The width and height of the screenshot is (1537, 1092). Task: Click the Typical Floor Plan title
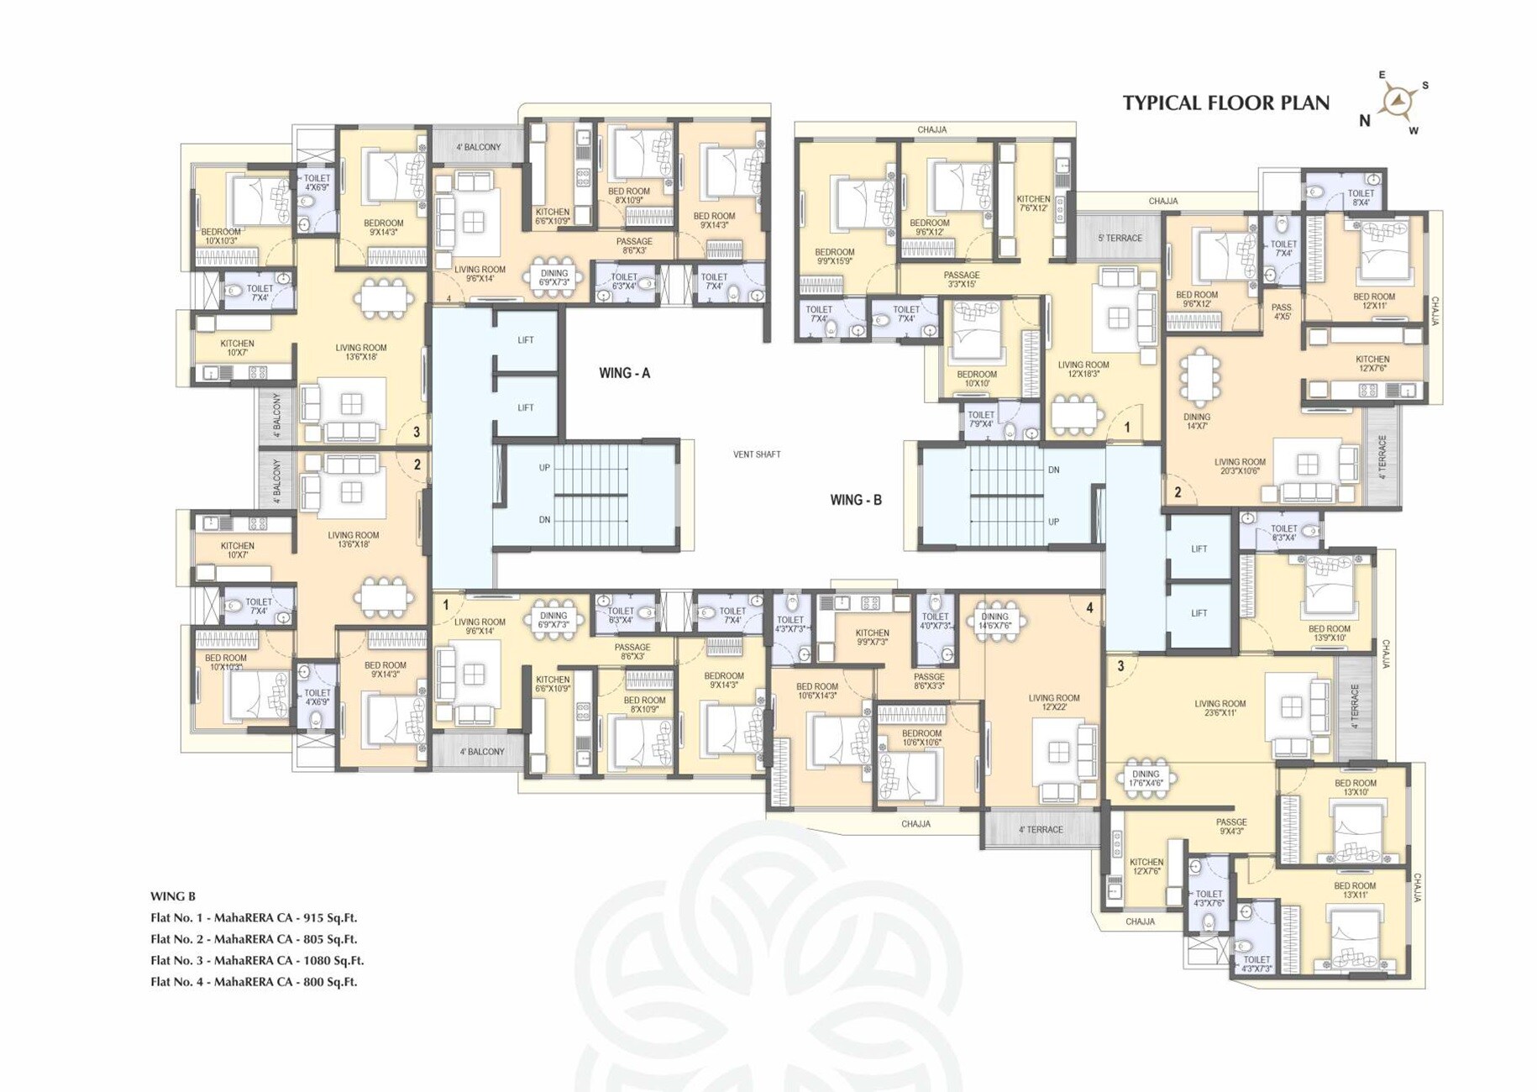click(1225, 103)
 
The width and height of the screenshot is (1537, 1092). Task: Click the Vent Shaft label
click(756, 454)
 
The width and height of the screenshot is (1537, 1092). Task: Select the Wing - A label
click(624, 373)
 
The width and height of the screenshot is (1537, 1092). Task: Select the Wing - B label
click(855, 500)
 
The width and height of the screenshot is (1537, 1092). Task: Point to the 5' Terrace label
click(1120, 239)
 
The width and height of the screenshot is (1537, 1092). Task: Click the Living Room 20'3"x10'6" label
click(1240, 466)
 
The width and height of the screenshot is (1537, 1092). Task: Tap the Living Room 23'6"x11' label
click(1220, 709)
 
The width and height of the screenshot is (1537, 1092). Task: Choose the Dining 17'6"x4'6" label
click(1145, 779)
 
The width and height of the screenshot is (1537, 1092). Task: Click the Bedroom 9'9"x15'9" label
click(834, 256)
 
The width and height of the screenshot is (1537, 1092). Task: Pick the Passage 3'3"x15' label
click(961, 280)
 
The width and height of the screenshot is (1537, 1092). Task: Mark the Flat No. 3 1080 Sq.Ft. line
click(256, 960)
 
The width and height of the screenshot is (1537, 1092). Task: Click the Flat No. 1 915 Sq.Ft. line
click(253, 917)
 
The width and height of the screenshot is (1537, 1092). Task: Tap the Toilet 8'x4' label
click(1361, 197)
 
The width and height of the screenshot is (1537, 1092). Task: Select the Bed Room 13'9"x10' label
click(1329, 633)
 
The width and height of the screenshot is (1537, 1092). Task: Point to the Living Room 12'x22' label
click(1053, 702)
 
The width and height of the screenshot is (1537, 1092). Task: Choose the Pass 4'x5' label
click(1281, 312)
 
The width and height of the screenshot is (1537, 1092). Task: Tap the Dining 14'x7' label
click(1196, 421)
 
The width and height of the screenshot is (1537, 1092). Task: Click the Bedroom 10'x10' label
click(976, 379)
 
